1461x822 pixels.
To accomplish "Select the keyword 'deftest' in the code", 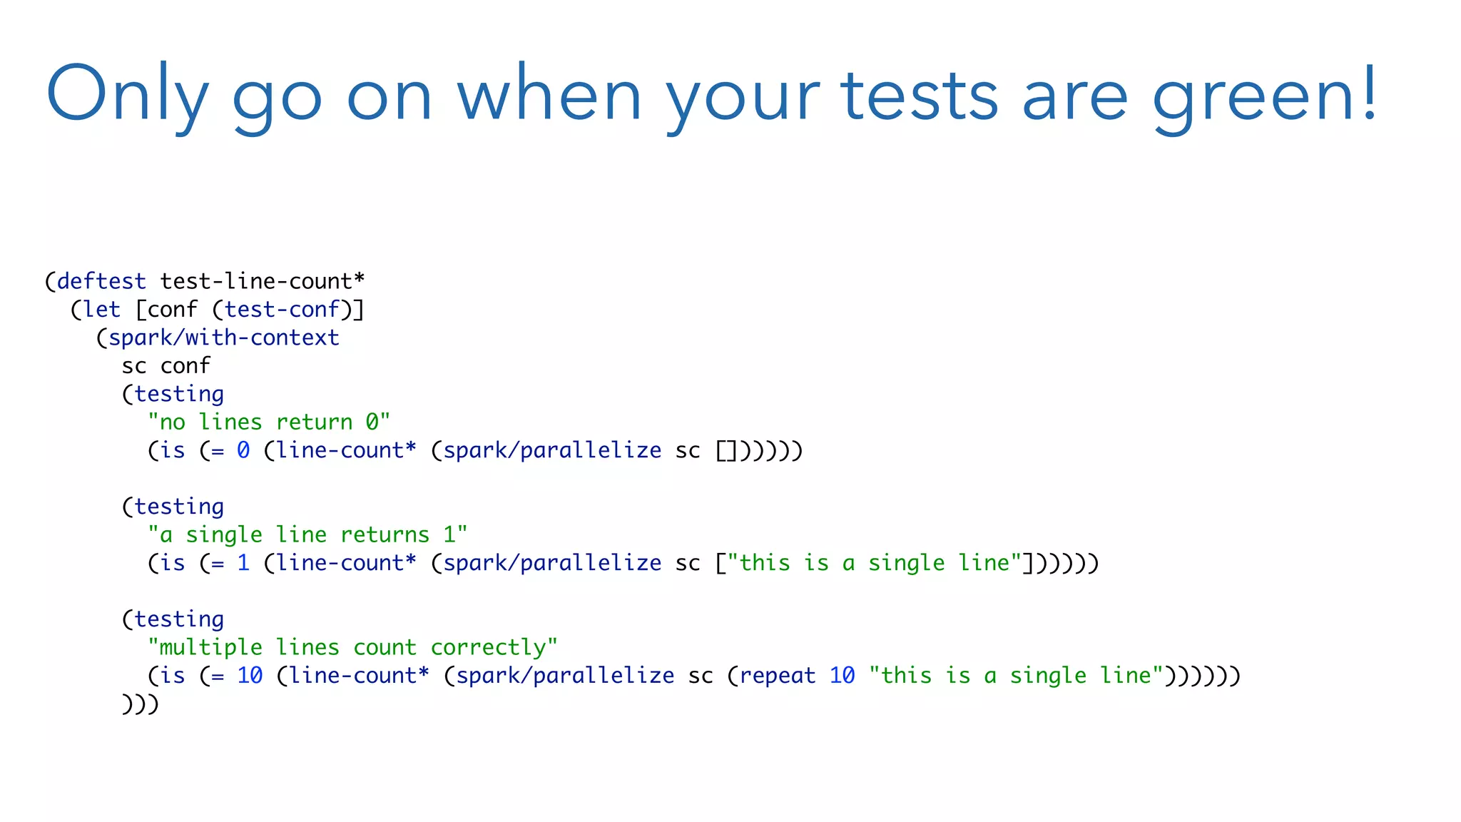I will point(101,281).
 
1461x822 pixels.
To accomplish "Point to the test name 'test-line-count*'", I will point(263,281).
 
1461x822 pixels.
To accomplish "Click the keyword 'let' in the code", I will point(101,310).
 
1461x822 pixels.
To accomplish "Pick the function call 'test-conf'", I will point(282,310).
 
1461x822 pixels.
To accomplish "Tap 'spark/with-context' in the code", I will point(223,338).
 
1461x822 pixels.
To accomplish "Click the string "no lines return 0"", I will point(269,422).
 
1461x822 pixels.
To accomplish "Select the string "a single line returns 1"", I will point(307,534).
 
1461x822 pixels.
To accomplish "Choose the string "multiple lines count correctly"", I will point(352,647).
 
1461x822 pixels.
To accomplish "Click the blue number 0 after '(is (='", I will point(243,450).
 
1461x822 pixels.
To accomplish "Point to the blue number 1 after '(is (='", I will point(243,563).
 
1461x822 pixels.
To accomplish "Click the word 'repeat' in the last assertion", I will point(777,675).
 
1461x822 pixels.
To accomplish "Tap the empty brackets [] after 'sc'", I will point(727,451).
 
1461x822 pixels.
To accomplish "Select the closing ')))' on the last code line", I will point(140,704).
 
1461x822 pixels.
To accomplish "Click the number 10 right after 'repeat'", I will point(842,675).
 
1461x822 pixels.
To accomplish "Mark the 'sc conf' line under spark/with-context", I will point(166,366).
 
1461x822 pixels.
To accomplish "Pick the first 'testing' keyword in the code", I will point(179,394).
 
